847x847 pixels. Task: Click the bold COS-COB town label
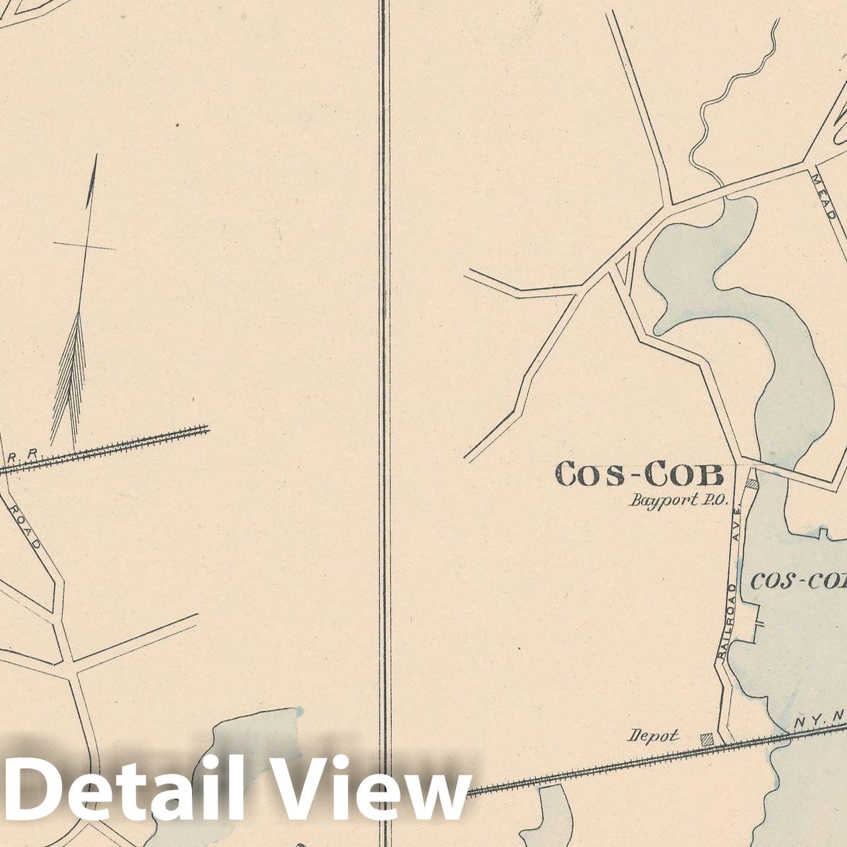(639, 475)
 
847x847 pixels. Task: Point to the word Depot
(653, 735)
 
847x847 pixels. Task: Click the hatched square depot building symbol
(707, 739)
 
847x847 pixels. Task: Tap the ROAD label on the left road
(25, 526)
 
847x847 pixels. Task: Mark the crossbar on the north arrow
(84, 246)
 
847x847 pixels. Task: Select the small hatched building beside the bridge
(751, 484)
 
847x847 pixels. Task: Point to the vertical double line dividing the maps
(384, 360)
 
